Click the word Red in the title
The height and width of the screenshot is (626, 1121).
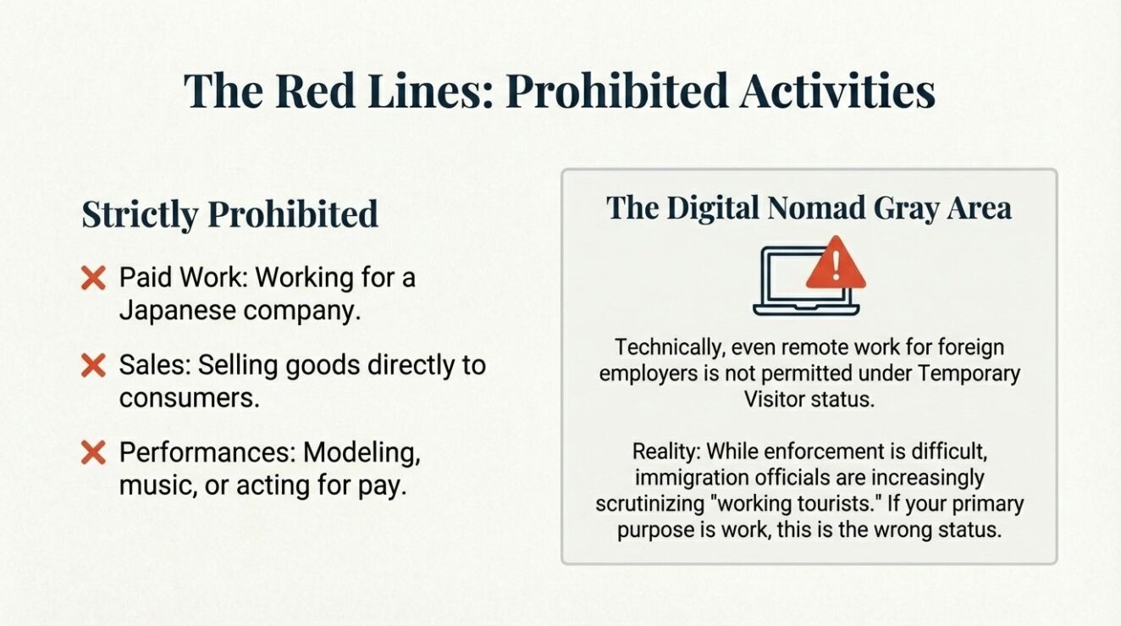coord(315,91)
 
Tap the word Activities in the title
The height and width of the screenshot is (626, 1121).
coord(837,91)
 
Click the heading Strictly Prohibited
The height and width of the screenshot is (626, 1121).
coord(229,214)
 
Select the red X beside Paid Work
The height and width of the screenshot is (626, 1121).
coord(94,278)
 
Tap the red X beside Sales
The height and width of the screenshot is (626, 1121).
coord(94,365)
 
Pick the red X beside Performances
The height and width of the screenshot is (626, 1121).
coord(94,452)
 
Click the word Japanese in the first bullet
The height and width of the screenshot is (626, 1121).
coord(178,311)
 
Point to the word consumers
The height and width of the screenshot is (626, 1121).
coord(190,398)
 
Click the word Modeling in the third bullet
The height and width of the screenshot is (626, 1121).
coord(362,452)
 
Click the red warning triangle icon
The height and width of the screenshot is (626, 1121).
coord(836,263)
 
